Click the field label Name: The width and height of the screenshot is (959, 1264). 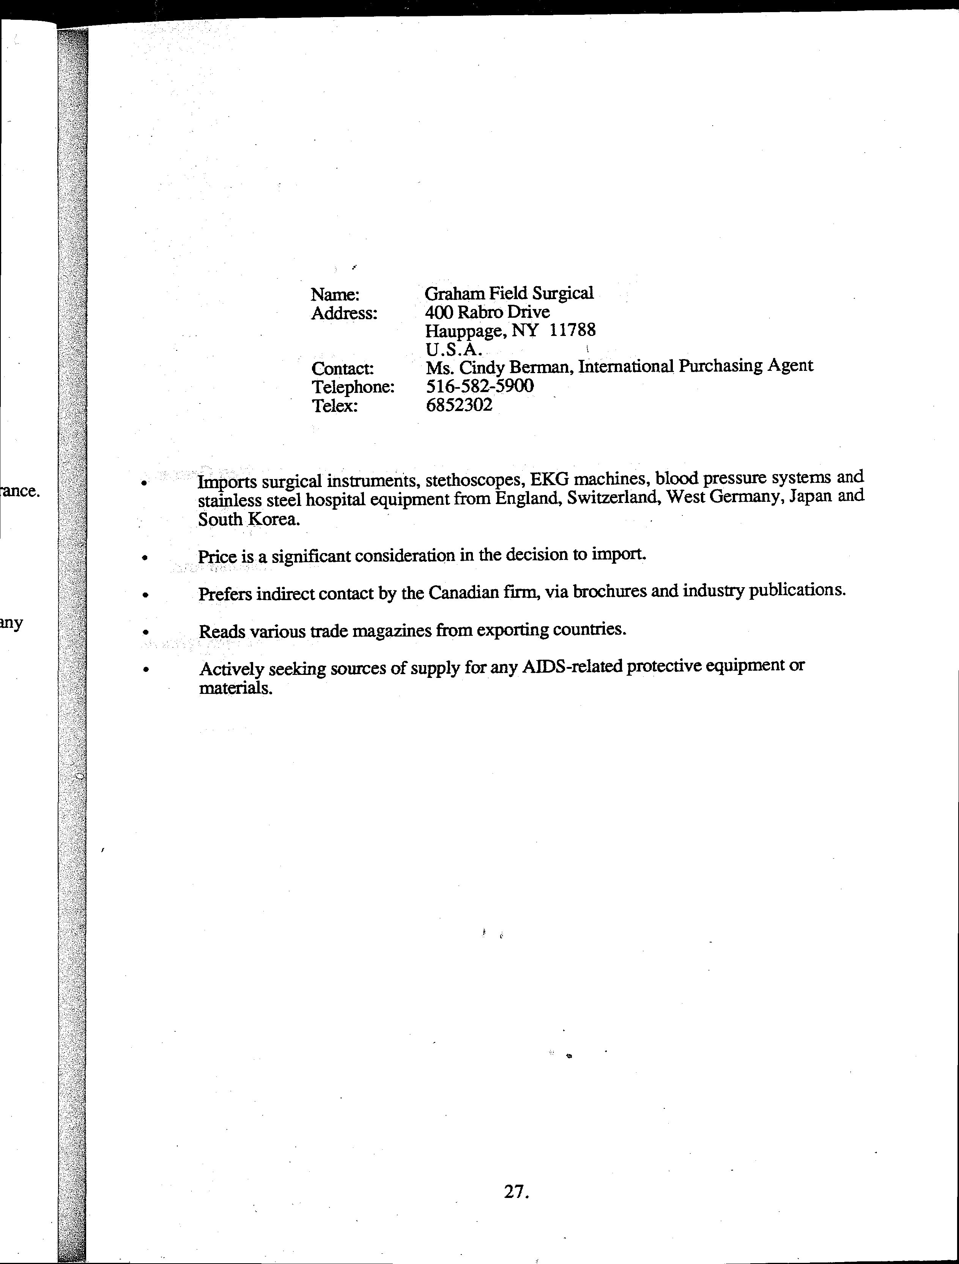(x=335, y=295)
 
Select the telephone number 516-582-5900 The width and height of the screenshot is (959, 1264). (x=480, y=386)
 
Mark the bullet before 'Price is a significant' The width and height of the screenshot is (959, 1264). (x=146, y=557)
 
